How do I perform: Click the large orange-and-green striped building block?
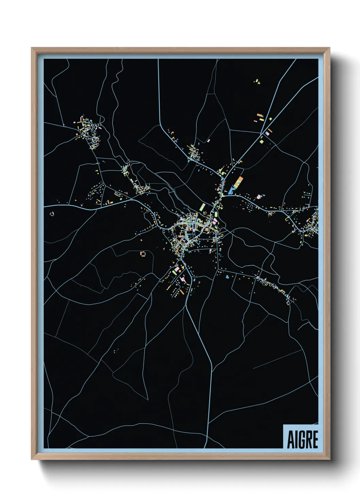point(239,183)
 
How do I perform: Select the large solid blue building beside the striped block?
point(232,190)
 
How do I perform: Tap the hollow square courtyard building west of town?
point(143,253)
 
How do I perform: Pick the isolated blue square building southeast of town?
point(227,277)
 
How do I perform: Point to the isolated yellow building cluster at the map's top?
point(257,81)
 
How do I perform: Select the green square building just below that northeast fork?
point(261,141)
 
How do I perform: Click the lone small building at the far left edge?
point(52,214)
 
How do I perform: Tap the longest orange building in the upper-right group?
point(260,115)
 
